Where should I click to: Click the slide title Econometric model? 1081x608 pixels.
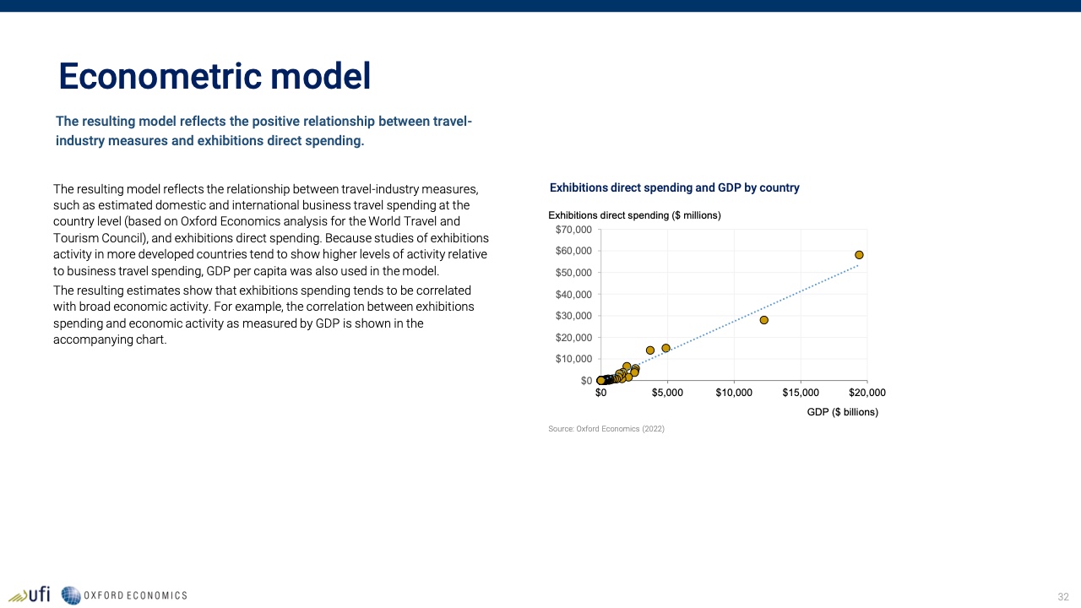[x=215, y=76]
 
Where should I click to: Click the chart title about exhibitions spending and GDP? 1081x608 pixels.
[x=674, y=187]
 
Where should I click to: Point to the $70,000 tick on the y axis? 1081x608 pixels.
[x=573, y=230]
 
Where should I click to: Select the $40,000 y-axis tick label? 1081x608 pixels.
[x=573, y=295]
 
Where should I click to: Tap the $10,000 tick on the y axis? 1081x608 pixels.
[x=573, y=359]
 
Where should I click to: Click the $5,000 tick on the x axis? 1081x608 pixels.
[x=667, y=393]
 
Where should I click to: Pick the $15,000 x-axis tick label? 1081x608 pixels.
[x=801, y=393]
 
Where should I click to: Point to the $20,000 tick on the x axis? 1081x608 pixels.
[x=867, y=393]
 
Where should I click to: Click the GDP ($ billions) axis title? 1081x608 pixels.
[x=843, y=412]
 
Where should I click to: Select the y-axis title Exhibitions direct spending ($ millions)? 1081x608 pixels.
[x=634, y=215]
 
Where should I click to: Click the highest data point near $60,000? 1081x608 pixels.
[x=859, y=255]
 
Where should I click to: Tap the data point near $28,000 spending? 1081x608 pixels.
[x=764, y=320]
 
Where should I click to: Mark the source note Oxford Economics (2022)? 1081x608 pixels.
[x=606, y=428]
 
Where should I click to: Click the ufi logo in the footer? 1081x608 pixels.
[x=30, y=595]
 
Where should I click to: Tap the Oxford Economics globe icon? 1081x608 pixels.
[x=70, y=595]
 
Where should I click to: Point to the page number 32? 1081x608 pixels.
[x=1063, y=597]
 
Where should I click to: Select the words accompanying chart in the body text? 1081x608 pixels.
[x=110, y=339]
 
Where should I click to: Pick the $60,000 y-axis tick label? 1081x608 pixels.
[x=573, y=251]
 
